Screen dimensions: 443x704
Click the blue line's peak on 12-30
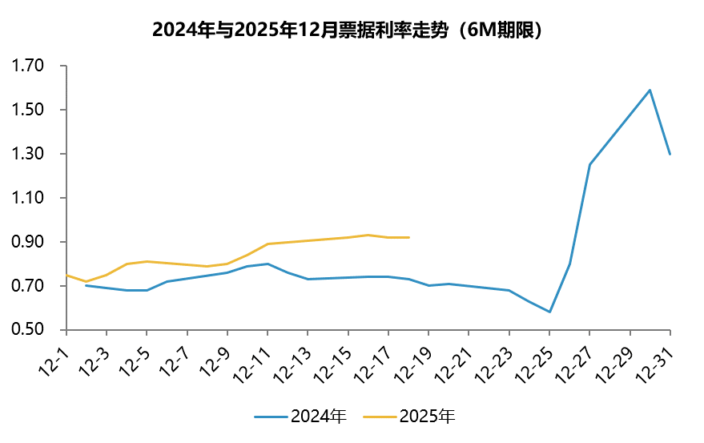650,90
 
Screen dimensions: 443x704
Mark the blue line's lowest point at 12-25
549,312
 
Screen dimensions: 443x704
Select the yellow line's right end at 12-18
408,237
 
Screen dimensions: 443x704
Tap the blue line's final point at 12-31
670,154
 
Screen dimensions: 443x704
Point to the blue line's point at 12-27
589,164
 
